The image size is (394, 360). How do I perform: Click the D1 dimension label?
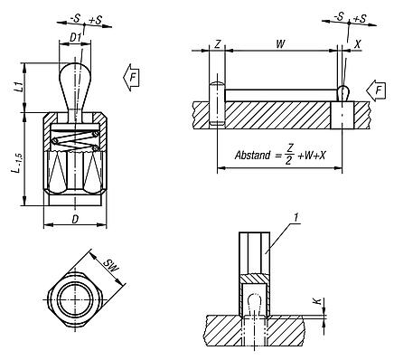[75, 38]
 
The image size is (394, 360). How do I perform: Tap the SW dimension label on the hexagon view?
[111, 266]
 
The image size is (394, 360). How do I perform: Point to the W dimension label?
[280, 44]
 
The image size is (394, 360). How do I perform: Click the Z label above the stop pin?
[218, 44]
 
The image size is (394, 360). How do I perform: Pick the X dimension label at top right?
[357, 44]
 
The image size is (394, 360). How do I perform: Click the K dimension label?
[316, 301]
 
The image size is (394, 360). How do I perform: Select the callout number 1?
[296, 218]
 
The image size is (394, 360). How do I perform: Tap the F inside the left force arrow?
[133, 78]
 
